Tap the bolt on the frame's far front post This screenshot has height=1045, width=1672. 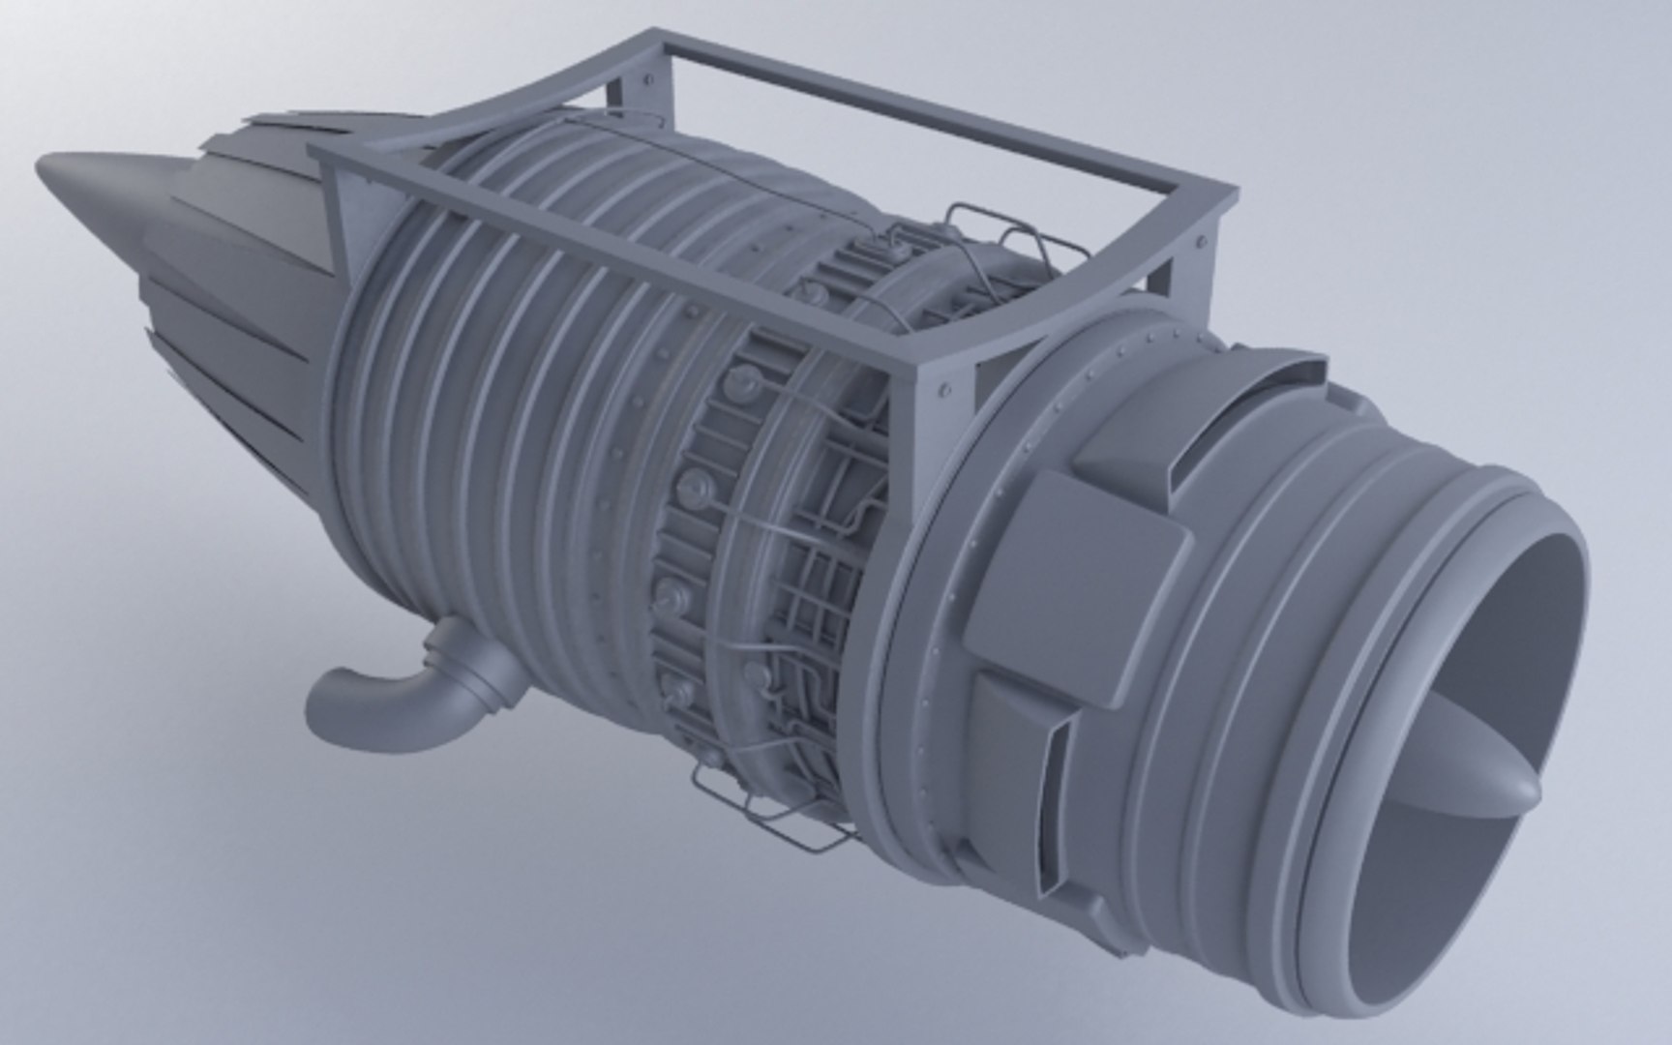click(x=1202, y=241)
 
